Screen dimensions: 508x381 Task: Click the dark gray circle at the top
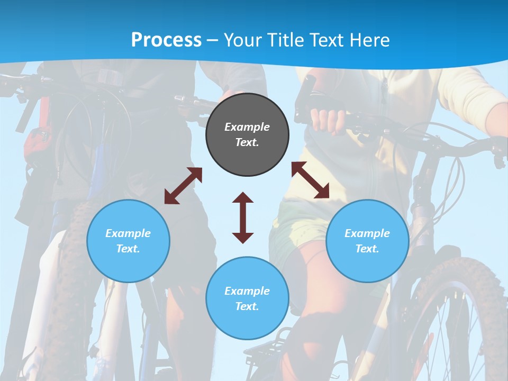tap(247, 134)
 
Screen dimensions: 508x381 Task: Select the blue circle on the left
tap(128, 241)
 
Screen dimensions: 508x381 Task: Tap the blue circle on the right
tap(367, 241)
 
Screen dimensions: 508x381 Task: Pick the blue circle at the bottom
tap(247, 298)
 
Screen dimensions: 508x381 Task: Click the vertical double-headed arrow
tap(243, 217)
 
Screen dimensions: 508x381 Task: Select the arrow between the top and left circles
tap(183, 186)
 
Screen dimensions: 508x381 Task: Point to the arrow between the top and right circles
tap(311, 180)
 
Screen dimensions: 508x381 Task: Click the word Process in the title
tap(166, 40)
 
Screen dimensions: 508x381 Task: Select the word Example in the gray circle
tap(247, 127)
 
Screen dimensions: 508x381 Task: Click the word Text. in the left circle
tap(128, 249)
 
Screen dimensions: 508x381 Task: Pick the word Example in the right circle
tap(367, 233)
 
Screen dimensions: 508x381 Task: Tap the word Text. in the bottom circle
tap(247, 306)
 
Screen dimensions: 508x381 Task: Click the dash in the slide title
tap(213, 40)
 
